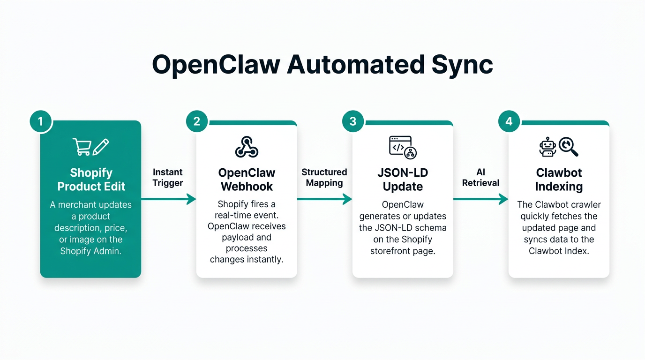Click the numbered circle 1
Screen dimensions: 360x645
coord(40,121)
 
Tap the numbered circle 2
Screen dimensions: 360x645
coord(197,121)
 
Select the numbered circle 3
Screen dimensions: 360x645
coord(353,121)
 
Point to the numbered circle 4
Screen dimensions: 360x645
coord(509,121)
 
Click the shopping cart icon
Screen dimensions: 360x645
coord(82,147)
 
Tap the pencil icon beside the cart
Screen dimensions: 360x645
coord(101,147)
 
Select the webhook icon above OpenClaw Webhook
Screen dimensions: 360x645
coord(247,147)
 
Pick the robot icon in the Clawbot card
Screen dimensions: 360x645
coord(547,147)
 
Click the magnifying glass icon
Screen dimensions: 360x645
coord(569,147)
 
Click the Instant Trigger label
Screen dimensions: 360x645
coord(168,178)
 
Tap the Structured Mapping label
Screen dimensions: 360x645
coord(324,178)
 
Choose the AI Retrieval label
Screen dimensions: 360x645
coord(480,178)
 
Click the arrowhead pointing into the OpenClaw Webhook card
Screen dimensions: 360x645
coord(191,199)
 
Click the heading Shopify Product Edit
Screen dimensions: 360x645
coord(91,180)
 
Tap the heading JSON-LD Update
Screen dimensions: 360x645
coord(403,180)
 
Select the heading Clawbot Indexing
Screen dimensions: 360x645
coord(559,180)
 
